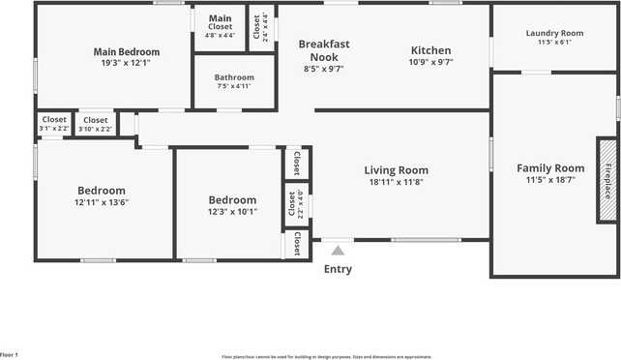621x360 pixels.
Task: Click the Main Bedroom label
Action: (x=127, y=51)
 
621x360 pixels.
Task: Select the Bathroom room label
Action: (x=234, y=77)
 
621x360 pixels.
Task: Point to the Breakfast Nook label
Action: (x=323, y=50)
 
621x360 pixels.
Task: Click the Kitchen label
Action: (x=431, y=50)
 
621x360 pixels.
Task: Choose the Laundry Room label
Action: (x=554, y=34)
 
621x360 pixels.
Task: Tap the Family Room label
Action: (x=550, y=167)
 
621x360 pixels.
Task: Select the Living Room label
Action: (x=397, y=170)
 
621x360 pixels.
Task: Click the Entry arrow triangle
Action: (x=338, y=251)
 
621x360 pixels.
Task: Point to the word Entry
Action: (x=338, y=269)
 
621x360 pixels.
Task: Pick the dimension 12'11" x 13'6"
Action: (x=102, y=202)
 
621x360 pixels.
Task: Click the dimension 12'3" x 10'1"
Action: (x=232, y=212)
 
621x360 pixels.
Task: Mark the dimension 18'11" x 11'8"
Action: (x=397, y=182)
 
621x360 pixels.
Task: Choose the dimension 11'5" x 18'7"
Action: (x=550, y=179)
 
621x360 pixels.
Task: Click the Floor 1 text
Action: (x=10, y=356)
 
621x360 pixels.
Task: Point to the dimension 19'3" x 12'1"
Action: (x=127, y=63)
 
